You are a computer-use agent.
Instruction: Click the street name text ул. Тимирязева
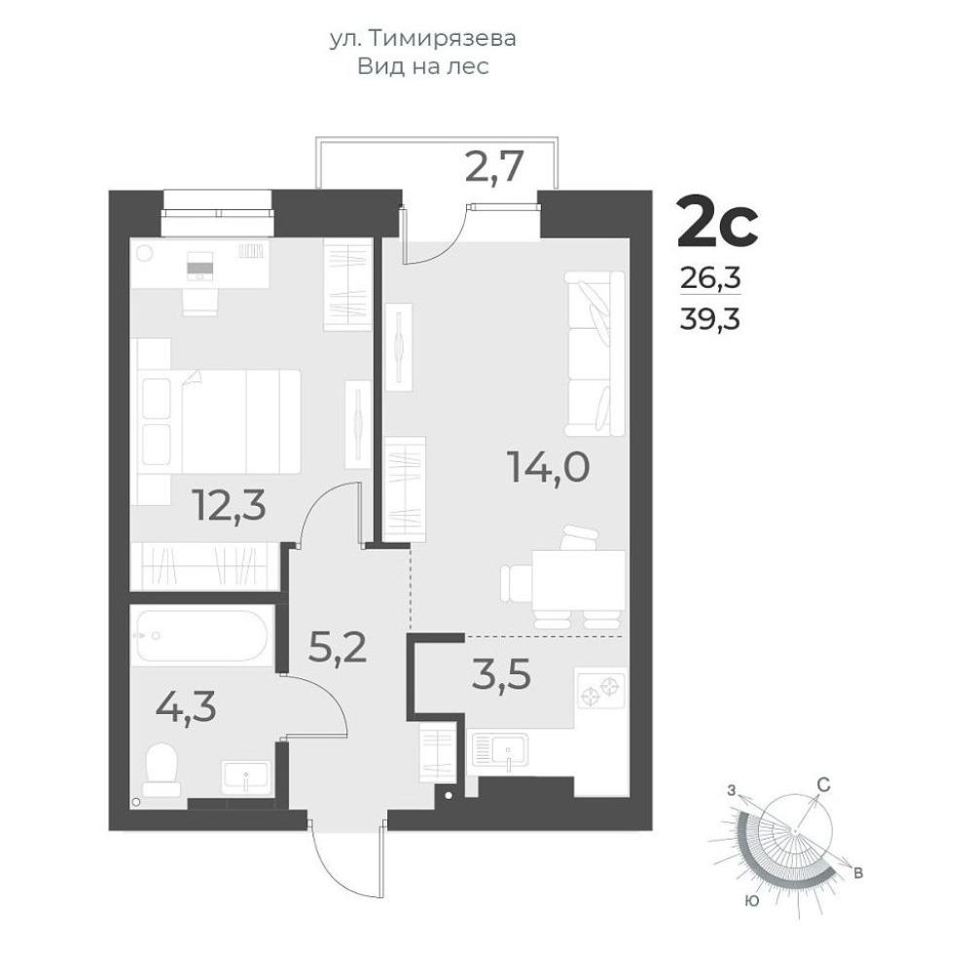click(x=422, y=39)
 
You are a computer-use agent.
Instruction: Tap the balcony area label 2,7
click(x=495, y=165)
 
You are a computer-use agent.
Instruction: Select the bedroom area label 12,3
click(x=230, y=505)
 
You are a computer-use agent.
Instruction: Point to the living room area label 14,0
click(x=548, y=467)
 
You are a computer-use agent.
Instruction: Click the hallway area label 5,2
click(x=339, y=648)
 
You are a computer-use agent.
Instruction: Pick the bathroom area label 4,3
click(x=186, y=706)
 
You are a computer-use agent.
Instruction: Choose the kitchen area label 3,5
click(x=501, y=674)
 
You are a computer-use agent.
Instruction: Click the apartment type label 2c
click(x=717, y=220)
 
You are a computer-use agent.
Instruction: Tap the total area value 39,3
click(x=710, y=319)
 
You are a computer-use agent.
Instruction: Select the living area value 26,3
click(x=710, y=278)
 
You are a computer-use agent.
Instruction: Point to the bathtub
click(x=201, y=636)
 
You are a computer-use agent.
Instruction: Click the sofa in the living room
click(x=595, y=353)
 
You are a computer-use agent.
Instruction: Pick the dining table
click(x=578, y=581)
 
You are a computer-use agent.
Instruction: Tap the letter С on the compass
click(x=823, y=785)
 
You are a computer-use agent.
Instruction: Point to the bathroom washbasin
click(x=246, y=776)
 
